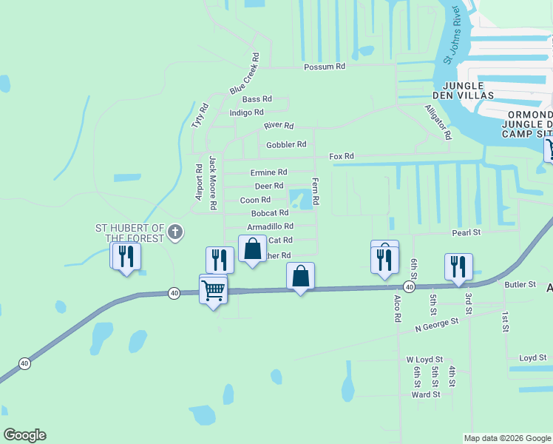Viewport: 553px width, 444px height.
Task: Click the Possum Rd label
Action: pos(325,67)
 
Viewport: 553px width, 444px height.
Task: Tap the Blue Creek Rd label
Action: pos(245,73)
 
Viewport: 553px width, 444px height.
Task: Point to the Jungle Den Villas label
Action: pos(463,90)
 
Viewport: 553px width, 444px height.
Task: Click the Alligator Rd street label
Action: pos(437,121)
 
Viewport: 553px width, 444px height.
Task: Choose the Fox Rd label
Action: pos(342,156)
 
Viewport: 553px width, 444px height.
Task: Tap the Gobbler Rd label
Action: pos(287,144)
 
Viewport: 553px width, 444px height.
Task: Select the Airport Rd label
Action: pos(199,182)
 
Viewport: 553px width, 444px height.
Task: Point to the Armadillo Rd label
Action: pos(270,226)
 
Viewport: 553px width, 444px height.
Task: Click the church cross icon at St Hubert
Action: pos(175,233)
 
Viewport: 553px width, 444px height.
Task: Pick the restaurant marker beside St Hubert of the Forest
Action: pos(126,257)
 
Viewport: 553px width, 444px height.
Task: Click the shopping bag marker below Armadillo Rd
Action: pos(253,249)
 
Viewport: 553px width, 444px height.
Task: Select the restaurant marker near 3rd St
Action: pos(459,266)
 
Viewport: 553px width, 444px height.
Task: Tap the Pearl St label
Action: pos(467,232)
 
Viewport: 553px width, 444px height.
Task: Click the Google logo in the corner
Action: pos(25,435)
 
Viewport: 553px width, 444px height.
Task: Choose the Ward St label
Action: pos(426,394)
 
